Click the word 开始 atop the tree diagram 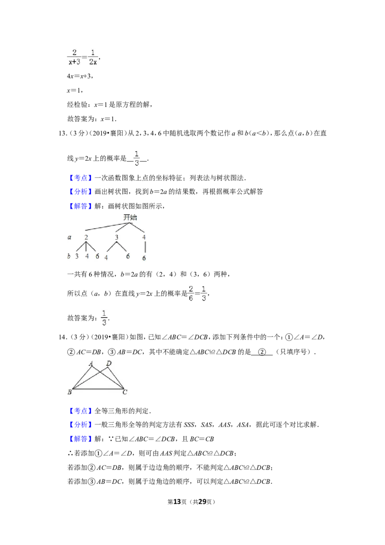coord(130,218)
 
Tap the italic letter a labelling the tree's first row coord(69,237)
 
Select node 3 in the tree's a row coord(116,237)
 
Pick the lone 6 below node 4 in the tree coord(144,258)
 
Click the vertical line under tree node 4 coord(145,247)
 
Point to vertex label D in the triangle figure coord(109,363)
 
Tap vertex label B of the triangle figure coord(69,392)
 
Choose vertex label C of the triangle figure coord(125,392)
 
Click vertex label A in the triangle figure coord(91,363)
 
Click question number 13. coord(63,133)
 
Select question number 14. coord(63,337)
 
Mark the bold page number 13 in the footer coord(177,502)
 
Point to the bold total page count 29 coord(202,502)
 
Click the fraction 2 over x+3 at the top coord(74,57)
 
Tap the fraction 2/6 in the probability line coord(191,293)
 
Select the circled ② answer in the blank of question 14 coord(262,352)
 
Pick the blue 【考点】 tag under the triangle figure coord(80,411)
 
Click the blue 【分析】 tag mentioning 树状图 coord(80,192)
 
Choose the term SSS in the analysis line coord(189,425)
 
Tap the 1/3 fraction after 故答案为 coord(104,318)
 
